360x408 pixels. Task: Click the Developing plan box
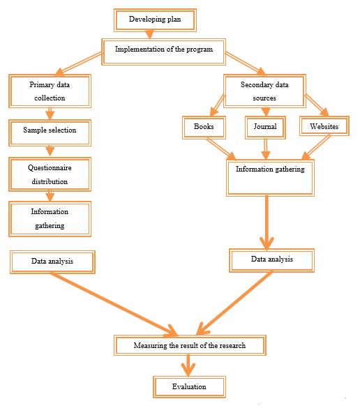(155, 20)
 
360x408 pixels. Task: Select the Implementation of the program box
(163, 52)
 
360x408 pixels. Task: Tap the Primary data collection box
(50, 91)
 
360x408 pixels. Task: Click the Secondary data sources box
(264, 91)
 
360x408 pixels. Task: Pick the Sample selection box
(50, 133)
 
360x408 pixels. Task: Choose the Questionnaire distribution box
(50, 174)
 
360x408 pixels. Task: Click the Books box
(204, 128)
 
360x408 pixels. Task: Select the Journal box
(265, 128)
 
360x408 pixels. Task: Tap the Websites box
(324, 126)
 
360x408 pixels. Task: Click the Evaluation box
(189, 387)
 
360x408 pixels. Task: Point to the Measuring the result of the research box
(190, 345)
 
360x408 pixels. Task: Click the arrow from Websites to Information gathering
(316, 147)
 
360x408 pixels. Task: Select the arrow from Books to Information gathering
(221, 149)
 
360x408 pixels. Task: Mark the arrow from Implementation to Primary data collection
(78, 63)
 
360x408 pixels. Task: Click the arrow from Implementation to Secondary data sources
(246, 63)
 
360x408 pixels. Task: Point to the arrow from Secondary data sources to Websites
(317, 105)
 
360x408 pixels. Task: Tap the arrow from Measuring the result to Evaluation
(188, 365)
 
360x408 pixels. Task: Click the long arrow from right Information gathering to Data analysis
(267, 222)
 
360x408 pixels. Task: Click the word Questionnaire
(50, 168)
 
